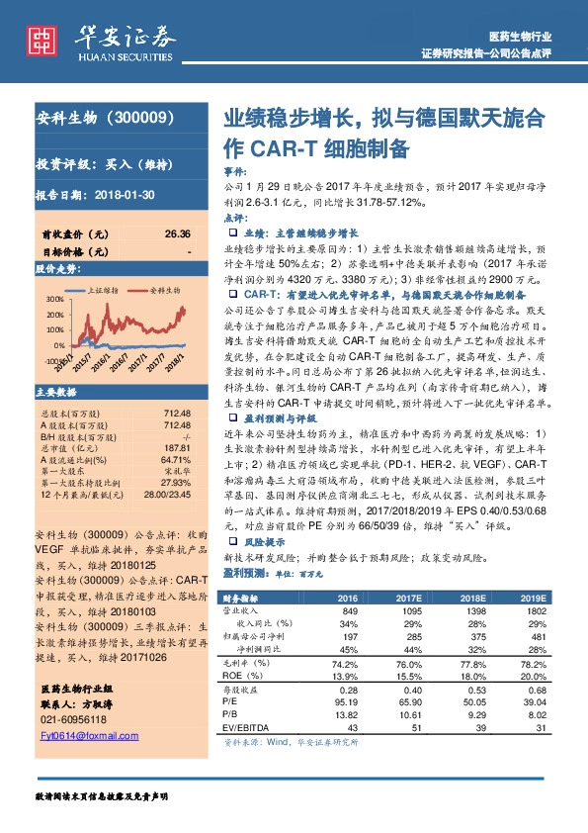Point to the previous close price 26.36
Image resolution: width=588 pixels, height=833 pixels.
178,233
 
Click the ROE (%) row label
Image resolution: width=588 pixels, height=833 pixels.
248,676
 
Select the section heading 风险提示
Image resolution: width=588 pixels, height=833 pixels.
263,542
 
